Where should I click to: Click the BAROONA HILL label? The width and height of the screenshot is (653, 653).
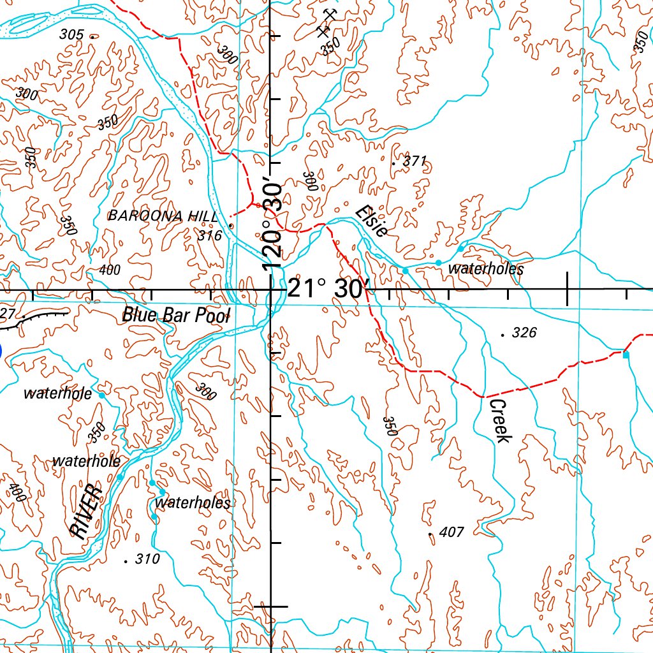point(163,216)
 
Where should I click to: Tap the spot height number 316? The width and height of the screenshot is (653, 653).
point(210,236)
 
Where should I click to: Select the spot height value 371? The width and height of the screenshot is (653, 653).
point(415,161)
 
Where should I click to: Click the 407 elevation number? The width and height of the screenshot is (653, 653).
point(451,532)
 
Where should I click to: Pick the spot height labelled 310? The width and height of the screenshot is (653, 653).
point(147,559)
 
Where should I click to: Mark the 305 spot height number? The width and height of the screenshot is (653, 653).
point(71,35)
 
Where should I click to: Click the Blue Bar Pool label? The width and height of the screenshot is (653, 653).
point(175,314)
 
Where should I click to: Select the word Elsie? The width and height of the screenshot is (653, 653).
point(372,221)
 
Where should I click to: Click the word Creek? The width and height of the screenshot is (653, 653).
point(499,421)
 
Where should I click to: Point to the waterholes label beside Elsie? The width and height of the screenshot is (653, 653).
point(485,269)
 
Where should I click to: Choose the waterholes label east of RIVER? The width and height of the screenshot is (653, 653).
point(193,503)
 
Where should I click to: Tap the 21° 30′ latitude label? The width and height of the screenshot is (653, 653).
point(325,289)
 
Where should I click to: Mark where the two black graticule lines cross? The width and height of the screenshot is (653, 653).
point(271,290)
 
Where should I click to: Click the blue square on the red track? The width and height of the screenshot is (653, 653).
point(626,355)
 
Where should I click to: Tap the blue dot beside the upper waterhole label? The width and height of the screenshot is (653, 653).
point(102,395)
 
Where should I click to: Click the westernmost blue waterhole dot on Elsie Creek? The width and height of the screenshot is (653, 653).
point(405,271)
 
